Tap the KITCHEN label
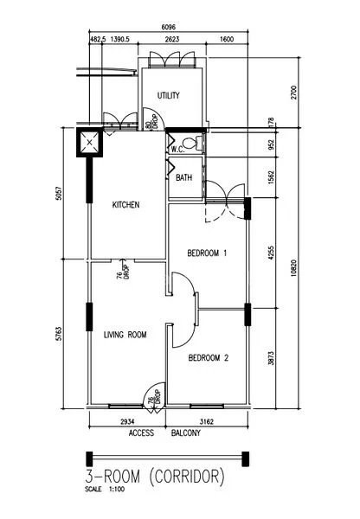click(126, 205)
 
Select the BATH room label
click(184, 178)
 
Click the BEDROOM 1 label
click(208, 253)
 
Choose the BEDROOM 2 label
click(208, 358)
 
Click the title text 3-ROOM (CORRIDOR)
click(155, 476)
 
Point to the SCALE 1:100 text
click(106, 490)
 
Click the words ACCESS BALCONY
click(164, 432)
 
